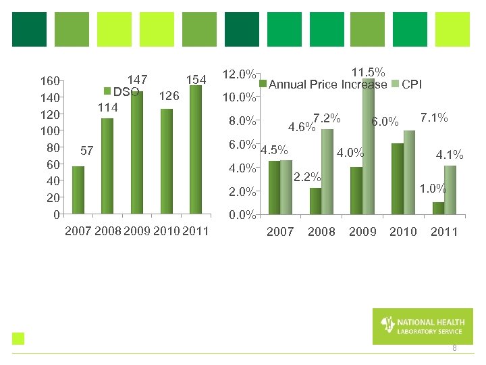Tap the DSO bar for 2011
click(x=196, y=149)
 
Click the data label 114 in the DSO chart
click(x=107, y=107)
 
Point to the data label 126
click(x=168, y=96)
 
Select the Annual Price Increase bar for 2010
click(x=398, y=178)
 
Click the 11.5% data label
click(x=369, y=72)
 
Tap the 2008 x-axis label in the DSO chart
click(x=108, y=232)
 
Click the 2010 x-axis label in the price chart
click(x=403, y=232)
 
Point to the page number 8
click(x=454, y=348)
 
